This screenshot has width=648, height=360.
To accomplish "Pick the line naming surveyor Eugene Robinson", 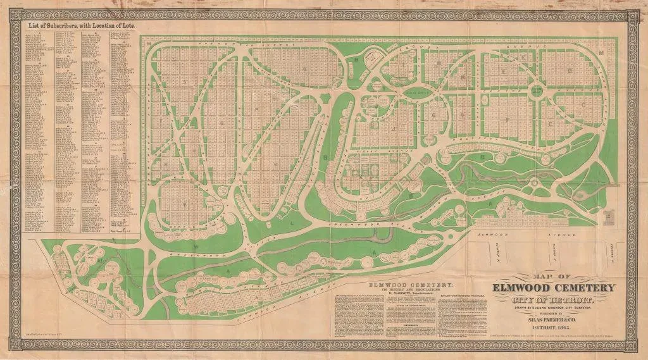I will pyautogui.click(x=557, y=307).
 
